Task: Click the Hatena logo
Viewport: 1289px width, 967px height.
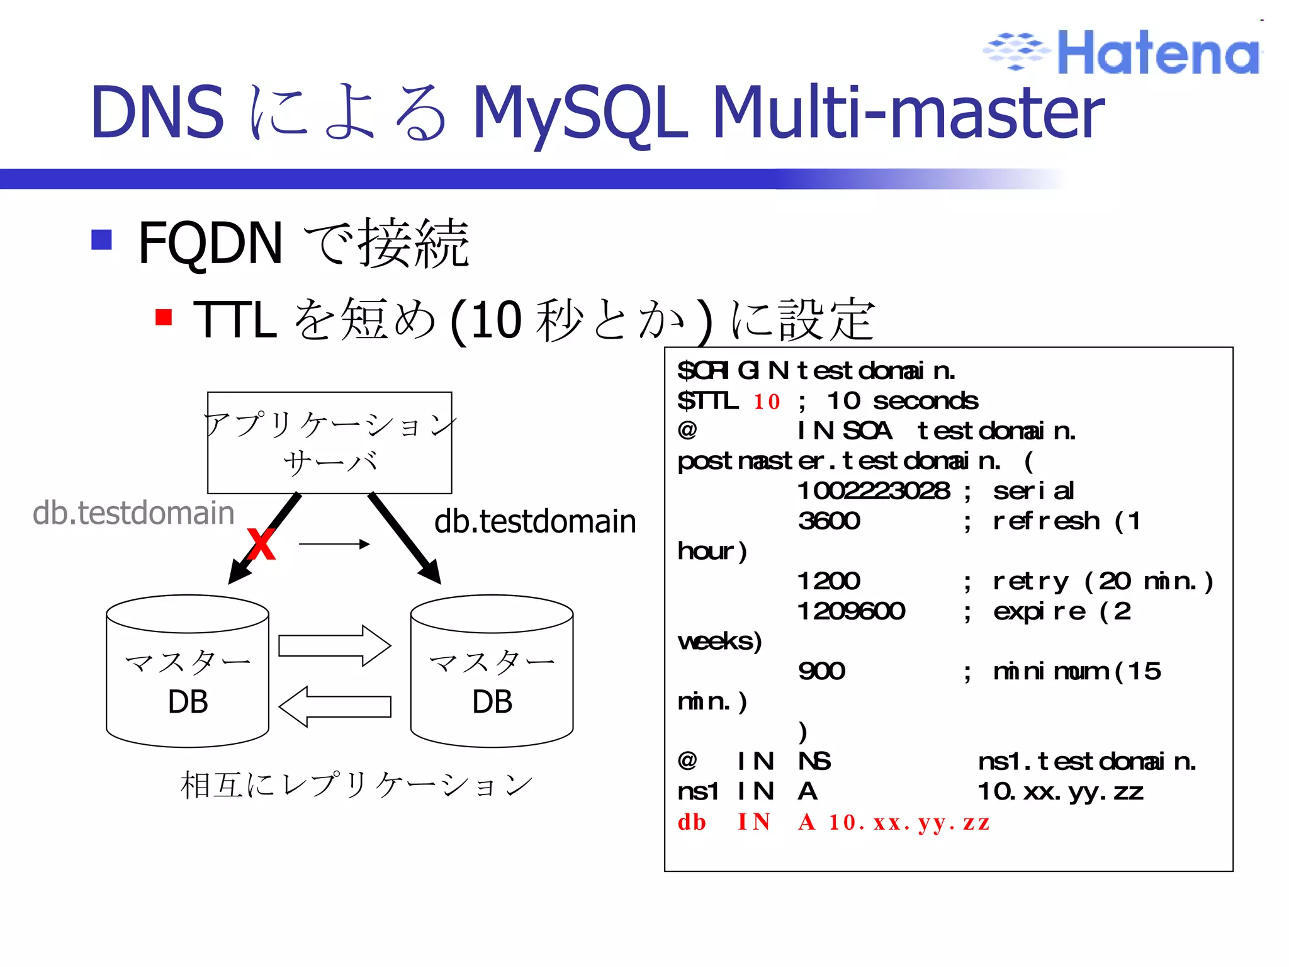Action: [1123, 52]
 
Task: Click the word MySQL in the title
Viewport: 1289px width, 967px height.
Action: [579, 113]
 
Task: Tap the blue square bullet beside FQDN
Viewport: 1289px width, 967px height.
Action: [101, 239]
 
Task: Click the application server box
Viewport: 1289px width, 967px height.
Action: [329, 442]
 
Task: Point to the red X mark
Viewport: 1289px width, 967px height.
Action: [261, 545]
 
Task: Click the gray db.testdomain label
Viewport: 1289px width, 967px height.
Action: [133, 512]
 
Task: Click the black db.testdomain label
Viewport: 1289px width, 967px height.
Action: [535, 521]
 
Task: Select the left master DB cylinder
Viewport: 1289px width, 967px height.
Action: [188, 671]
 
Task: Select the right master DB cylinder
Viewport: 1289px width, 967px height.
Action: [492, 671]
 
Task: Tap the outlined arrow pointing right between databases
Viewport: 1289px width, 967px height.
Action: [335, 646]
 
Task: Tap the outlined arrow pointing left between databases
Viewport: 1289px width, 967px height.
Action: [335, 706]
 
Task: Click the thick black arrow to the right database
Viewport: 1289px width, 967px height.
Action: [404, 538]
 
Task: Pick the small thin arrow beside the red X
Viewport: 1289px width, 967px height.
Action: [334, 544]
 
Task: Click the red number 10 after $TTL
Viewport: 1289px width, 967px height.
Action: [767, 402]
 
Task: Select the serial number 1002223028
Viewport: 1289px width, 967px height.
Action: [874, 491]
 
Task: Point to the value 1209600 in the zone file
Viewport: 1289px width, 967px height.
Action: [851, 611]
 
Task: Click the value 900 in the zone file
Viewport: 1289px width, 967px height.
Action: [821, 671]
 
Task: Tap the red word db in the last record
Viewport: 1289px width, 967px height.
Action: [692, 822]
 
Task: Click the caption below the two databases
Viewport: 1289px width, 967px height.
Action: [356, 785]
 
